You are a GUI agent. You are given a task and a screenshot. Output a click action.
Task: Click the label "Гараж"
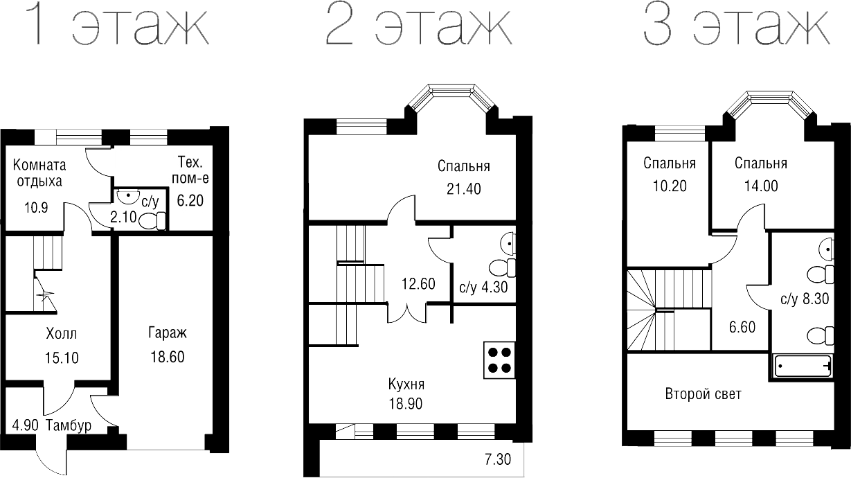click(167, 334)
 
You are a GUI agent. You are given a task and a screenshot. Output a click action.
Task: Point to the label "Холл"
click(61, 334)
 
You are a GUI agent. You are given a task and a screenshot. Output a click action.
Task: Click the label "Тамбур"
click(69, 425)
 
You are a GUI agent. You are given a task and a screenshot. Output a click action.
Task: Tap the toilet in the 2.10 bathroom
click(152, 221)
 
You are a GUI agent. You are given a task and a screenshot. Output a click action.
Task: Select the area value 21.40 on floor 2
click(463, 188)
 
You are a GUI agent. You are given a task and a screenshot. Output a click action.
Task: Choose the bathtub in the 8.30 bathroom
click(802, 366)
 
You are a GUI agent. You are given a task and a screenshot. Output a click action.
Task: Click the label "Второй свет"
click(703, 394)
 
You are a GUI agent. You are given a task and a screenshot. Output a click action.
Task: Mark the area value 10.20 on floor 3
click(669, 186)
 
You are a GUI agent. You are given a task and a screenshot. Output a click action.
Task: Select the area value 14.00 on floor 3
click(760, 186)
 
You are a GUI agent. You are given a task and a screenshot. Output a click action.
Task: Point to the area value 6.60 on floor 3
click(742, 327)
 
